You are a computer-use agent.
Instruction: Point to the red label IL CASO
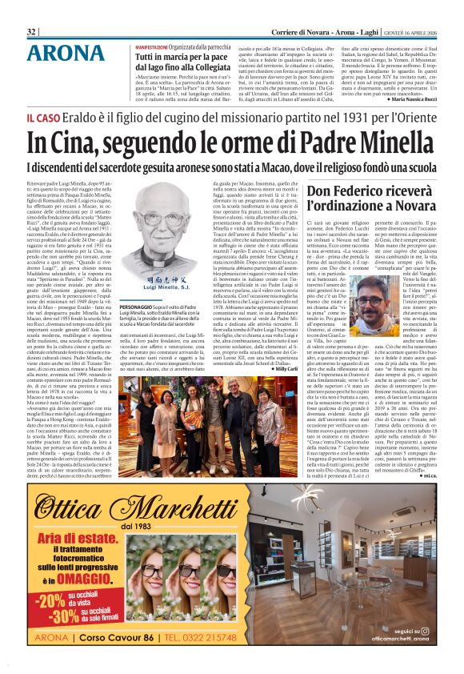pyautogui.click(x=43, y=118)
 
